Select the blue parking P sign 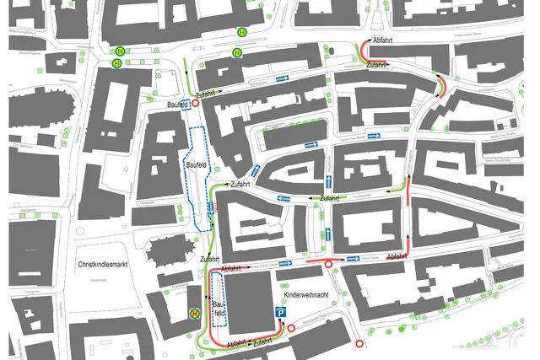pyautogui.click(x=281, y=314)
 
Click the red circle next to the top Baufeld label pyautogui.click(x=195, y=103)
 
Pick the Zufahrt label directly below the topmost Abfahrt pyautogui.click(x=377, y=65)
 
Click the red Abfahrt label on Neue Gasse pyautogui.click(x=397, y=255)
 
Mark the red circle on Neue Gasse pyautogui.click(x=328, y=265)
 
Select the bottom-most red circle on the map pyautogui.click(x=360, y=343)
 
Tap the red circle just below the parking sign pyautogui.click(x=291, y=328)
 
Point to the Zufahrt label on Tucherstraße pyautogui.click(x=329, y=197)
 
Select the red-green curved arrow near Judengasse pyautogui.click(x=440, y=84)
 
